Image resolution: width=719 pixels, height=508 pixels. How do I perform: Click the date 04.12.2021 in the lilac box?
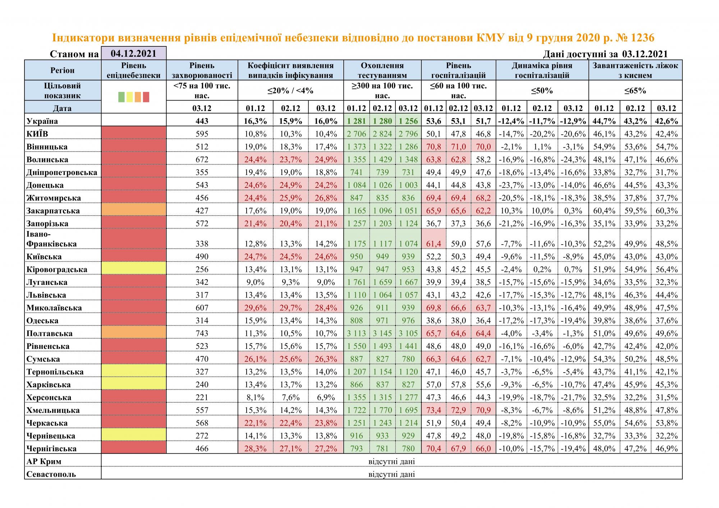[x=134, y=54]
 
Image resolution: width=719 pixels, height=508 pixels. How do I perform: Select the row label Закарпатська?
[x=53, y=211]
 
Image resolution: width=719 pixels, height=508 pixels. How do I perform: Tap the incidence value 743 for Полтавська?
[x=202, y=333]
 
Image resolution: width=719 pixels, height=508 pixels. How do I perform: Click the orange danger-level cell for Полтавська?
[x=134, y=332]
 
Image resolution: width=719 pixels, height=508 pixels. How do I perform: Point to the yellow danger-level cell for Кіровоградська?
[x=134, y=268]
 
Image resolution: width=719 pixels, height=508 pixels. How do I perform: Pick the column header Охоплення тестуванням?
[x=382, y=70]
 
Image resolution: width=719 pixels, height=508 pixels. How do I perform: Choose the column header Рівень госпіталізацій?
[x=458, y=70]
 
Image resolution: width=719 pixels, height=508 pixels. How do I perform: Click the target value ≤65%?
[x=635, y=91]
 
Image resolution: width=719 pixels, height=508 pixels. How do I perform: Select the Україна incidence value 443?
[x=202, y=121]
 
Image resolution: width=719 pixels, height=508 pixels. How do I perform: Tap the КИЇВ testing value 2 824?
[x=382, y=134]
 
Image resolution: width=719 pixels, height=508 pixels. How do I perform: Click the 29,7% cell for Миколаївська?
[x=291, y=308]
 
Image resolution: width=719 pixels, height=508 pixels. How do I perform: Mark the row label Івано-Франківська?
[x=51, y=239]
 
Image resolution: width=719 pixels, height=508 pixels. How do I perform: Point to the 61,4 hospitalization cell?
[x=433, y=244]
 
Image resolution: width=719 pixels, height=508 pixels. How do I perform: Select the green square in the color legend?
[x=122, y=97]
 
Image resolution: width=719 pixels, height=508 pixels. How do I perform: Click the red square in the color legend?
[x=146, y=97]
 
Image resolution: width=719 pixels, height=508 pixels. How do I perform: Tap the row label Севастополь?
[x=51, y=474]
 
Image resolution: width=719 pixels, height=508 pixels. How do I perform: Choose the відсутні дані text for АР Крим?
[x=391, y=461]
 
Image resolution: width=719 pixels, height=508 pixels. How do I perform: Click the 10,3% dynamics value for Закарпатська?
[x=511, y=211]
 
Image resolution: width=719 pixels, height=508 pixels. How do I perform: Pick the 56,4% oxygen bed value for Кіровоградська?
[x=666, y=269]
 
